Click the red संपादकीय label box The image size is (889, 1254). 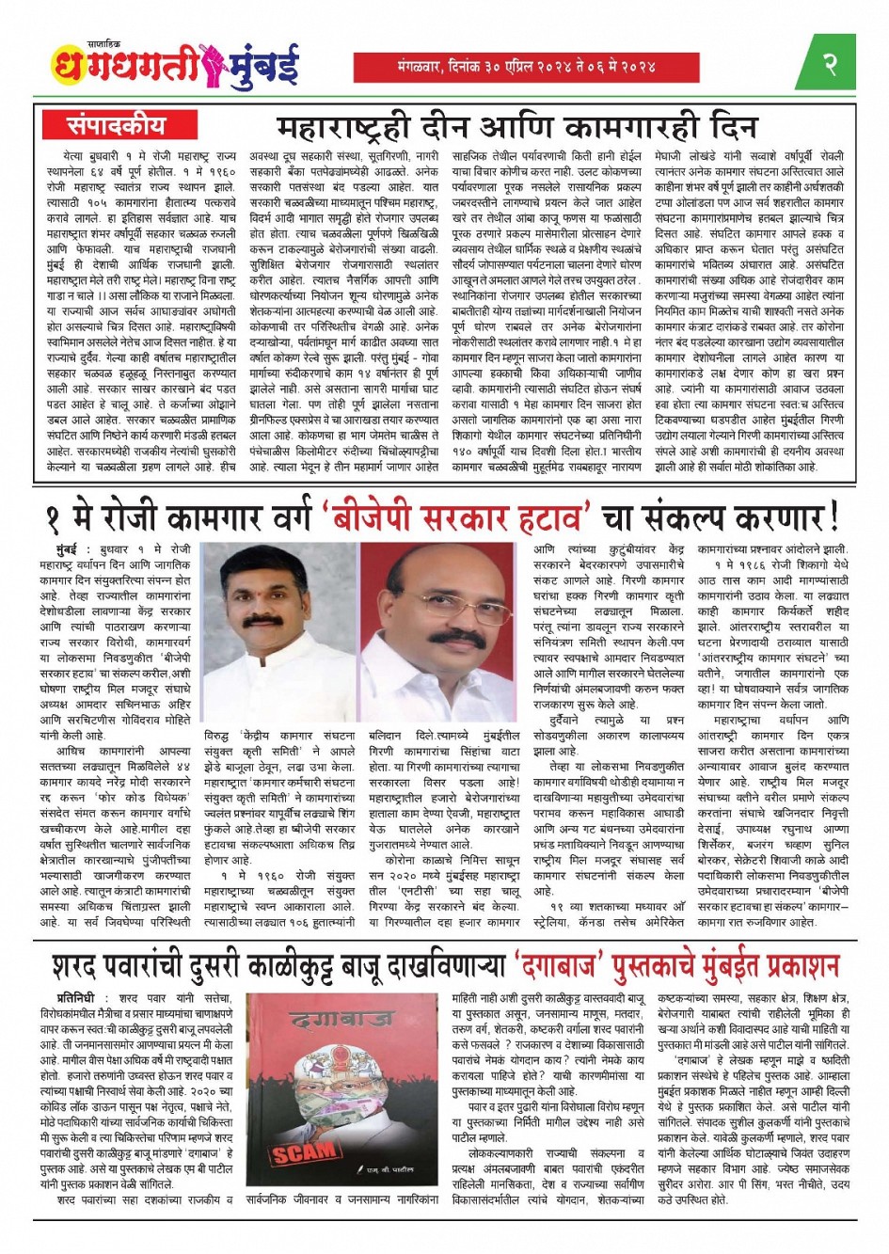(x=116, y=124)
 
